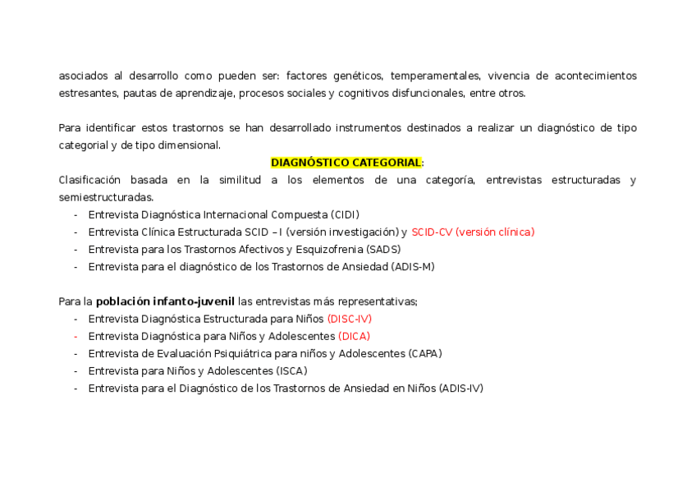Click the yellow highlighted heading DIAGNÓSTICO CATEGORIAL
pyautogui.click(x=346, y=163)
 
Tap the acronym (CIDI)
pyautogui.click(x=346, y=214)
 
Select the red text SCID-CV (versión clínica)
pyautogui.click(x=473, y=232)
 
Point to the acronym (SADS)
pyautogui.click(x=384, y=249)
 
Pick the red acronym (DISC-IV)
pyautogui.click(x=350, y=319)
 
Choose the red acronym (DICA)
pyautogui.click(x=354, y=336)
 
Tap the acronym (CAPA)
pyautogui.click(x=424, y=353)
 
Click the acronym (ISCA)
pyautogui.click(x=291, y=370)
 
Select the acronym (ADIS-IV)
pyautogui.click(x=461, y=388)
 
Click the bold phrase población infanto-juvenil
pyautogui.click(x=165, y=301)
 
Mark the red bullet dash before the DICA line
pyautogui.click(x=76, y=336)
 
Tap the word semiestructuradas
pyautogui.click(x=106, y=197)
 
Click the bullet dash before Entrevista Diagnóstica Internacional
pyautogui.click(x=76, y=214)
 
